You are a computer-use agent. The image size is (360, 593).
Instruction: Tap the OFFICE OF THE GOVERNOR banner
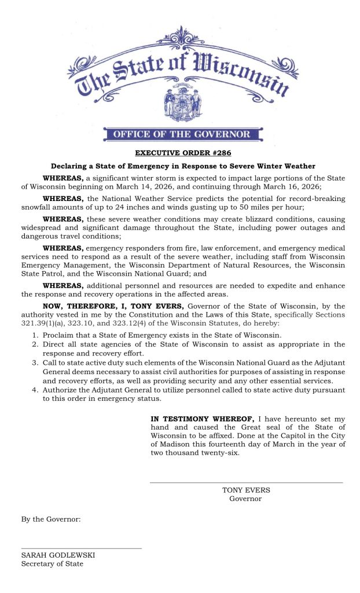182,135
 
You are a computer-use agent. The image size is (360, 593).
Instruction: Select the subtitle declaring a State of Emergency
182,166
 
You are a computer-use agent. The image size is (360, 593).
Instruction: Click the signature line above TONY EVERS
246,482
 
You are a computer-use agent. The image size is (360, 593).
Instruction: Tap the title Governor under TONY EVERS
245,499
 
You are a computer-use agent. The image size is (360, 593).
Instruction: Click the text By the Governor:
51,519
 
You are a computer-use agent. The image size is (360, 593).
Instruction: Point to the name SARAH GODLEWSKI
58,555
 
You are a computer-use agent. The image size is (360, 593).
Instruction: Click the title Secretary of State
52,563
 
